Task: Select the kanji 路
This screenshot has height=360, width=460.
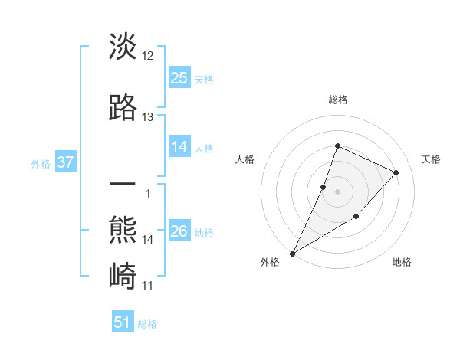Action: point(123,107)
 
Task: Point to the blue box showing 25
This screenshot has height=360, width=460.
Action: point(179,77)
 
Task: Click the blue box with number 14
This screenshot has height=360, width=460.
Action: point(179,147)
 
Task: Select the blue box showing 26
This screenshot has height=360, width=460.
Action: point(179,231)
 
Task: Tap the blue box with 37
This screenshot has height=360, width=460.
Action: point(65,162)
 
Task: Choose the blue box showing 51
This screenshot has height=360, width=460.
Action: point(123,322)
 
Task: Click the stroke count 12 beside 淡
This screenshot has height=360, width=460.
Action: point(148,56)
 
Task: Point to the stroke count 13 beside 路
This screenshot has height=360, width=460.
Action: point(148,117)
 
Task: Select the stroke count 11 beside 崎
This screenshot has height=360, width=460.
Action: point(148,286)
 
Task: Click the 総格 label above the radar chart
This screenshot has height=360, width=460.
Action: point(337,100)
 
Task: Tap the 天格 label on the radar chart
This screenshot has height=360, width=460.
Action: point(432,159)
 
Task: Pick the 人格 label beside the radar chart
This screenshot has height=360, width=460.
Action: point(245,159)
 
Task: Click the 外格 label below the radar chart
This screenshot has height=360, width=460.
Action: point(270,263)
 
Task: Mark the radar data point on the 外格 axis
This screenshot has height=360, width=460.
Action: point(293,253)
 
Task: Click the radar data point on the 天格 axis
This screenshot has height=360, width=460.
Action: point(396,172)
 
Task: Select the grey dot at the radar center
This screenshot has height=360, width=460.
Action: point(337,191)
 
